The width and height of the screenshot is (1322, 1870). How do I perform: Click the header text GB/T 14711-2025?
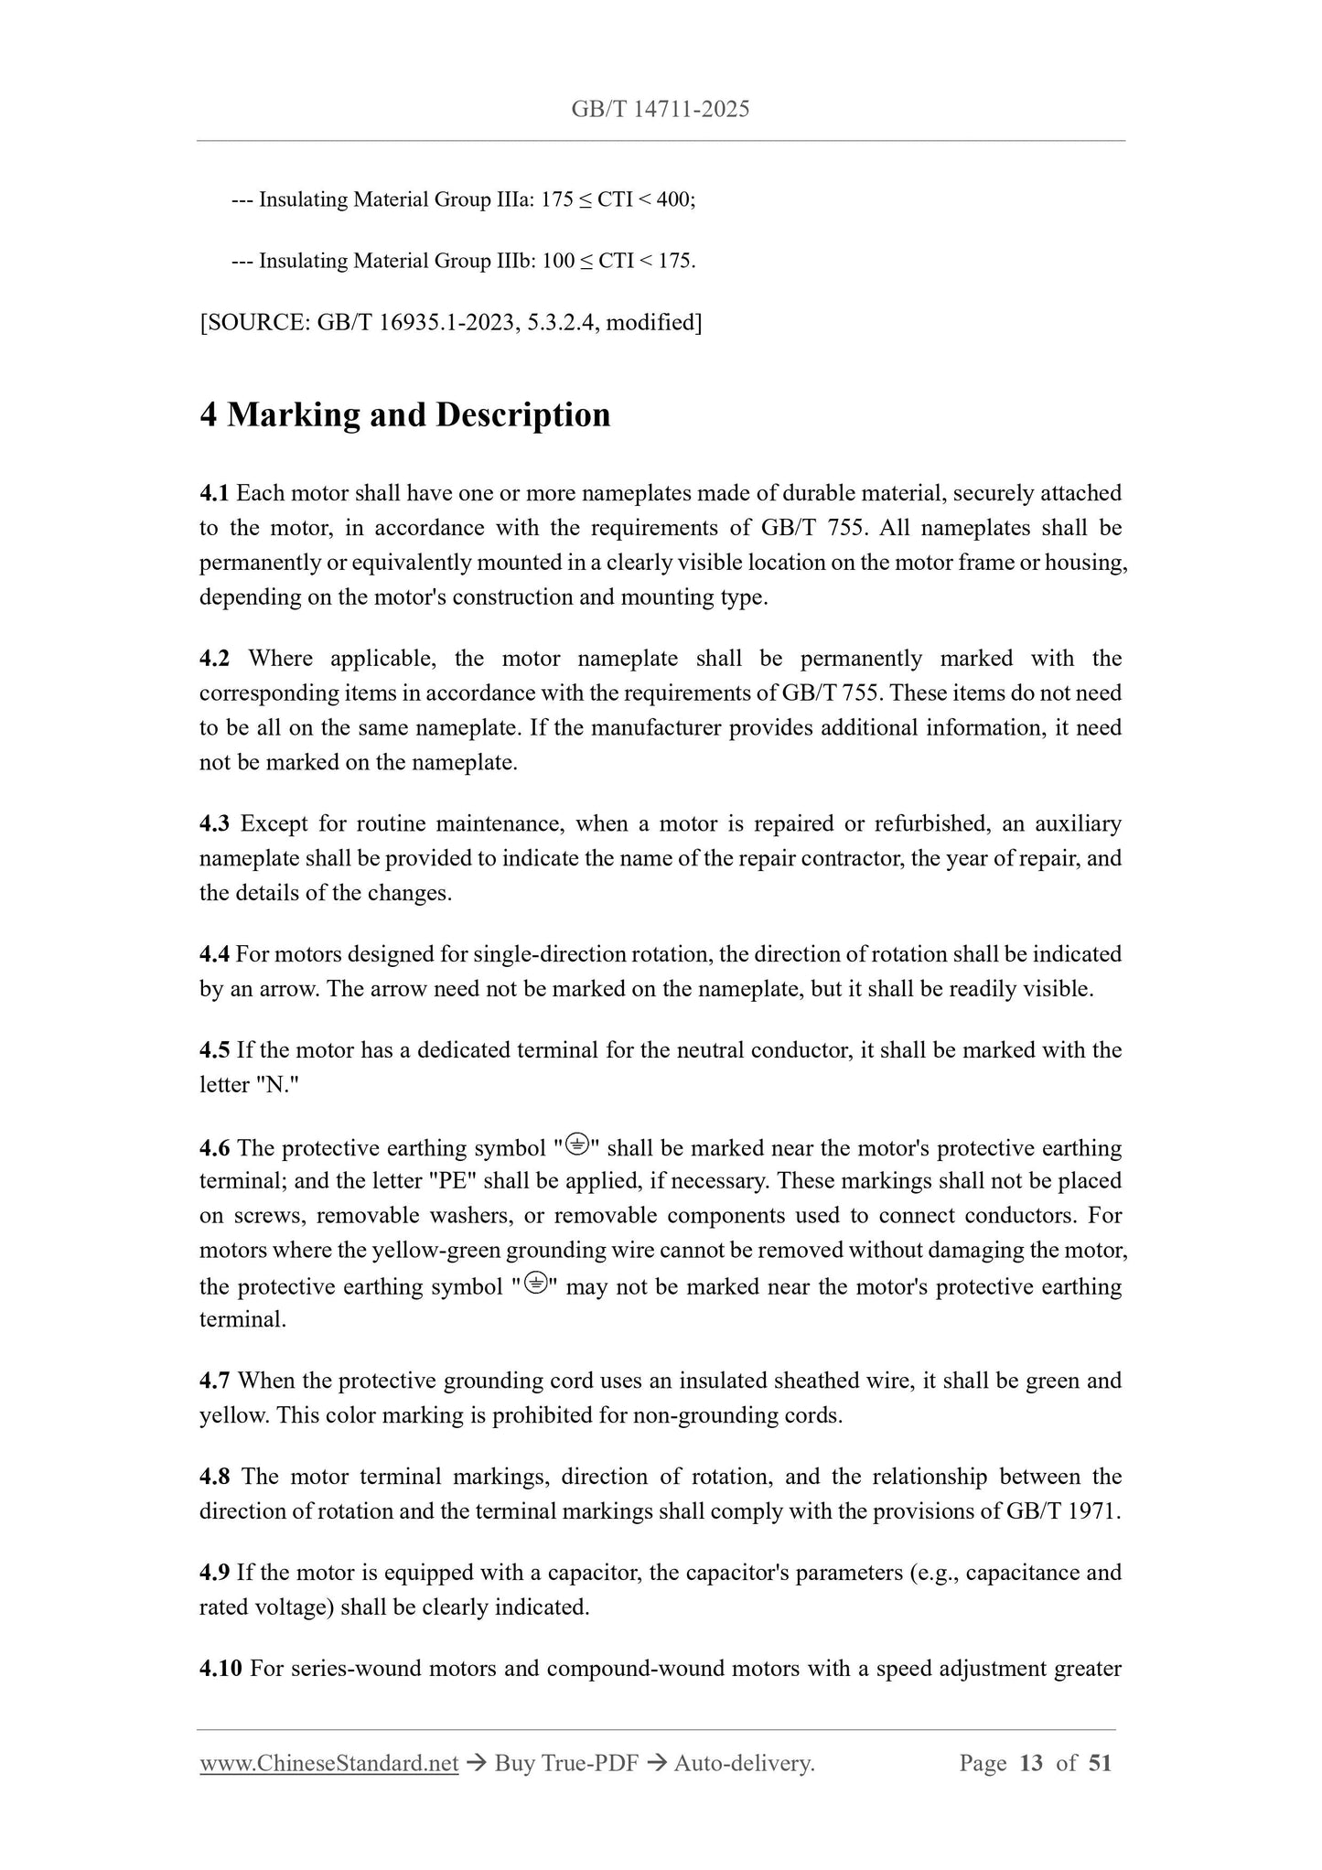(660, 110)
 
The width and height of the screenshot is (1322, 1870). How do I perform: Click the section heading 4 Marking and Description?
(405, 415)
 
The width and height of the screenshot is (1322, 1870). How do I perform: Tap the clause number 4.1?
(214, 494)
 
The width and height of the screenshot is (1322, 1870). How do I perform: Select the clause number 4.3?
(214, 824)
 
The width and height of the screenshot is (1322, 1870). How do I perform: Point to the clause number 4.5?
(214, 1050)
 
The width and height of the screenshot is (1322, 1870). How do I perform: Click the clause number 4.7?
(214, 1381)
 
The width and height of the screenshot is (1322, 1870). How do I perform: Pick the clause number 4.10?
(220, 1669)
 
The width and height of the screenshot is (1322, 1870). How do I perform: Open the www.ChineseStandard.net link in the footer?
(328, 1763)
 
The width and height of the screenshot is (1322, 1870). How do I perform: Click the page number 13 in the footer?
(1031, 1763)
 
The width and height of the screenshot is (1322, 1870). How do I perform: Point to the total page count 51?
(1100, 1763)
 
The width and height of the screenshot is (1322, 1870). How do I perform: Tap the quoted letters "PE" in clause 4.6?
(452, 1181)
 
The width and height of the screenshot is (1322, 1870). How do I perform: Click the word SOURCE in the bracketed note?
(257, 322)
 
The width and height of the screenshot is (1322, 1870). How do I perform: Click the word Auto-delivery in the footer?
(743, 1763)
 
